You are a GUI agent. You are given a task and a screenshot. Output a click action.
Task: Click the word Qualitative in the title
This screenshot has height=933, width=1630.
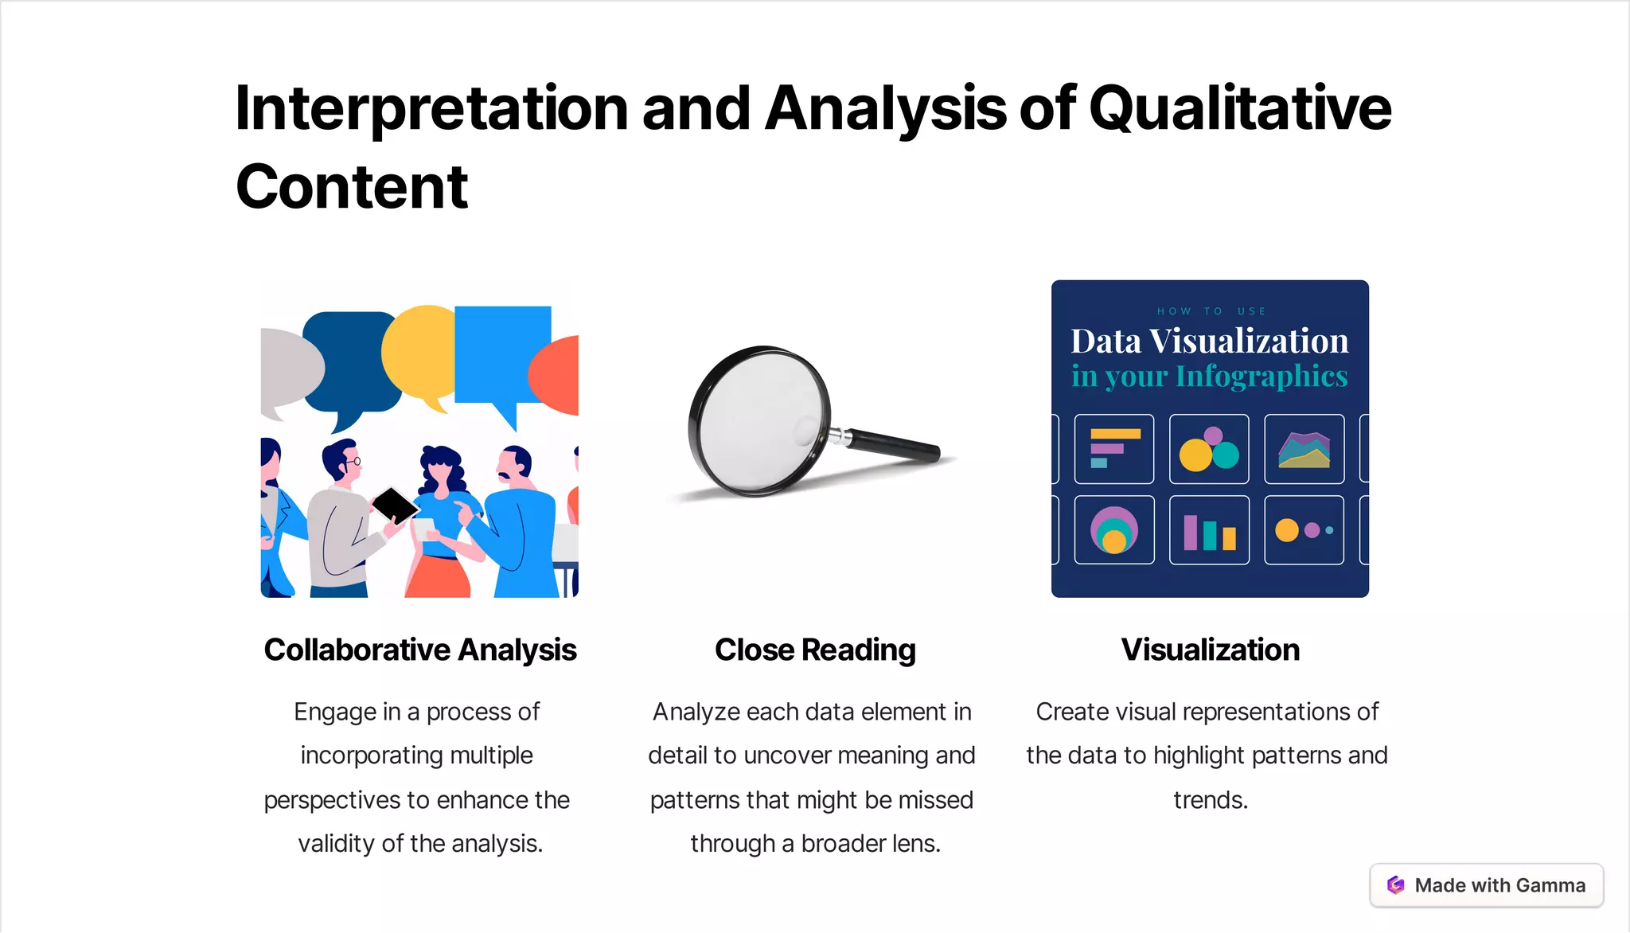click(x=1240, y=110)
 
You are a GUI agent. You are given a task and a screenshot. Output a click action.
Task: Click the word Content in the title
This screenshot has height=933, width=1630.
click(x=352, y=188)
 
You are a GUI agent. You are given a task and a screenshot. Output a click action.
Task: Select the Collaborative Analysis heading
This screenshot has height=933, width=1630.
click(x=420, y=650)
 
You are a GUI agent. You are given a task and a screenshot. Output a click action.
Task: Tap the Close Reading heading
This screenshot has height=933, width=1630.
click(x=815, y=650)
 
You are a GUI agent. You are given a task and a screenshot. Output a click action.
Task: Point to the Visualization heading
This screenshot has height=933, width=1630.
click(x=1210, y=650)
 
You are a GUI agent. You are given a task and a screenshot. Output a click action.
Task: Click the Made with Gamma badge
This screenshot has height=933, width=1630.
click(x=1486, y=885)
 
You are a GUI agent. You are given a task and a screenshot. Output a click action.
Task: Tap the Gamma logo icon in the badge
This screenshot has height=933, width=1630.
click(x=1395, y=885)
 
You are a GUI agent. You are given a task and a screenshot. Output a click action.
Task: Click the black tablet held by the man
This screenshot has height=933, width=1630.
click(x=394, y=504)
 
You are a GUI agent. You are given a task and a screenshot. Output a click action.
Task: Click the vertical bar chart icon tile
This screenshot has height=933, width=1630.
click(x=1209, y=530)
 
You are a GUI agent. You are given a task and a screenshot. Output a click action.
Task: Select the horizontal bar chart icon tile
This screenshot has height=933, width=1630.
click(x=1113, y=449)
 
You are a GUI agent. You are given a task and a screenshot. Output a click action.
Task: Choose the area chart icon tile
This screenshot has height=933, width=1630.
click(x=1304, y=449)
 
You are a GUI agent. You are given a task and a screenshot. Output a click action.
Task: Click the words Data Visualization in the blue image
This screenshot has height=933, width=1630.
click(x=1209, y=341)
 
